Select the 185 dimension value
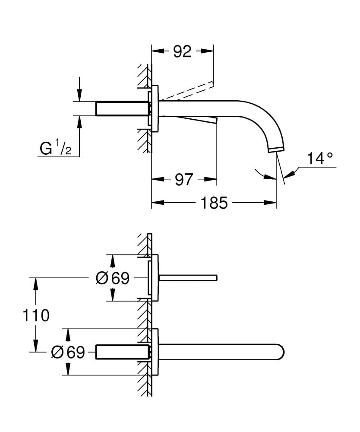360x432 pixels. tap(215, 202)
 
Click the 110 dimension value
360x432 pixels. tap(36, 315)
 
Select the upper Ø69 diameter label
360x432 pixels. tap(112, 279)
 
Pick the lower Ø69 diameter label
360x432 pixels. tap(68, 353)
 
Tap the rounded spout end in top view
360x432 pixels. tap(280, 352)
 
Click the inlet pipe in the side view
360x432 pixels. tap(122, 108)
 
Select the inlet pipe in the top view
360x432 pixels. tap(122, 352)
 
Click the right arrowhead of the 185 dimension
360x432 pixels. tap(272, 202)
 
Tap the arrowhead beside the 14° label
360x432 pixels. tap(290, 174)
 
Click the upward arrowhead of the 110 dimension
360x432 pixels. tap(36, 283)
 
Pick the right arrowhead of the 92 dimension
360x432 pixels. tap(208, 51)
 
